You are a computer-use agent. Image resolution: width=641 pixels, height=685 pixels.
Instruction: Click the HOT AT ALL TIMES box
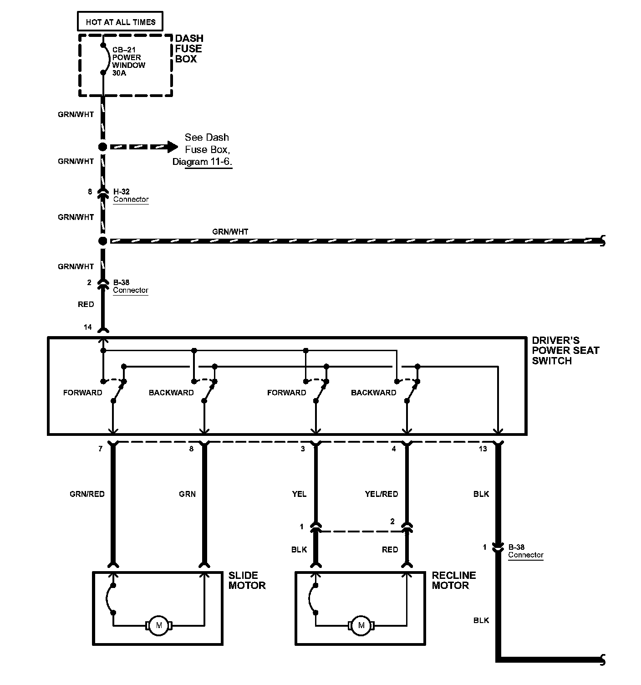pyautogui.click(x=121, y=22)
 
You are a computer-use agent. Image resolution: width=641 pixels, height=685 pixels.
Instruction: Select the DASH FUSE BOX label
pyautogui.click(x=189, y=49)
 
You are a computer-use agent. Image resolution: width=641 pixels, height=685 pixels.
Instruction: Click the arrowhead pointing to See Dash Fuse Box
pyautogui.click(x=172, y=147)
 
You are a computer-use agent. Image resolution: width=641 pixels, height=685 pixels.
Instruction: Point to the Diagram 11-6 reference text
pyautogui.click(x=209, y=162)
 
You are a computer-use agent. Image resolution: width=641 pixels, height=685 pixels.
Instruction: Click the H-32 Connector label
pyautogui.click(x=131, y=195)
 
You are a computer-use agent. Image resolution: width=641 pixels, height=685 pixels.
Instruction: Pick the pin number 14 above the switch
pyautogui.click(x=87, y=327)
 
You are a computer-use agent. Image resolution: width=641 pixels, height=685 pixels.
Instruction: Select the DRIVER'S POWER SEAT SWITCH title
pyautogui.click(x=565, y=351)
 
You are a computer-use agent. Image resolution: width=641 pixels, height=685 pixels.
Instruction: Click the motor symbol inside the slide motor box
pyautogui.click(x=159, y=625)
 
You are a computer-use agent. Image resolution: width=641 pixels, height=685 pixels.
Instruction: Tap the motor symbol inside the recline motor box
pyautogui.click(x=361, y=625)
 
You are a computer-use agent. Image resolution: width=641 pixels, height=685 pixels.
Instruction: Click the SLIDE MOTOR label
pyautogui.click(x=247, y=580)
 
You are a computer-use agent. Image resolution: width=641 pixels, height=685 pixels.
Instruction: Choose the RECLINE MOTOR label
pyautogui.click(x=453, y=580)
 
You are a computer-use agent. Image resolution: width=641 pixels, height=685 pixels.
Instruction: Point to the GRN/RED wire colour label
pyautogui.click(x=87, y=494)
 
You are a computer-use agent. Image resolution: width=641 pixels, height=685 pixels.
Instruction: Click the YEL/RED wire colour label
pyautogui.click(x=381, y=494)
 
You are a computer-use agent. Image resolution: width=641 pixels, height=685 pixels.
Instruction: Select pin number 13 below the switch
pyautogui.click(x=483, y=449)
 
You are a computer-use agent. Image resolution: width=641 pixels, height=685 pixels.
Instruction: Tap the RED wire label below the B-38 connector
pyautogui.click(x=86, y=304)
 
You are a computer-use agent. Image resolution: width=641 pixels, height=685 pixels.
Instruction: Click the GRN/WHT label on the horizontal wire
pyautogui.click(x=230, y=232)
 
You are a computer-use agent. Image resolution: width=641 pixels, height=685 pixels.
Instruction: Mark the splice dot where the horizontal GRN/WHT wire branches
pyautogui.click(x=103, y=240)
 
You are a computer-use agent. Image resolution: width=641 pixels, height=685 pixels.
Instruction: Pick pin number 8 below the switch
pyautogui.click(x=191, y=449)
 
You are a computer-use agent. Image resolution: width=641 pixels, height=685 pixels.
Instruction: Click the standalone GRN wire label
pyautogui.click(x=187, y=494)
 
